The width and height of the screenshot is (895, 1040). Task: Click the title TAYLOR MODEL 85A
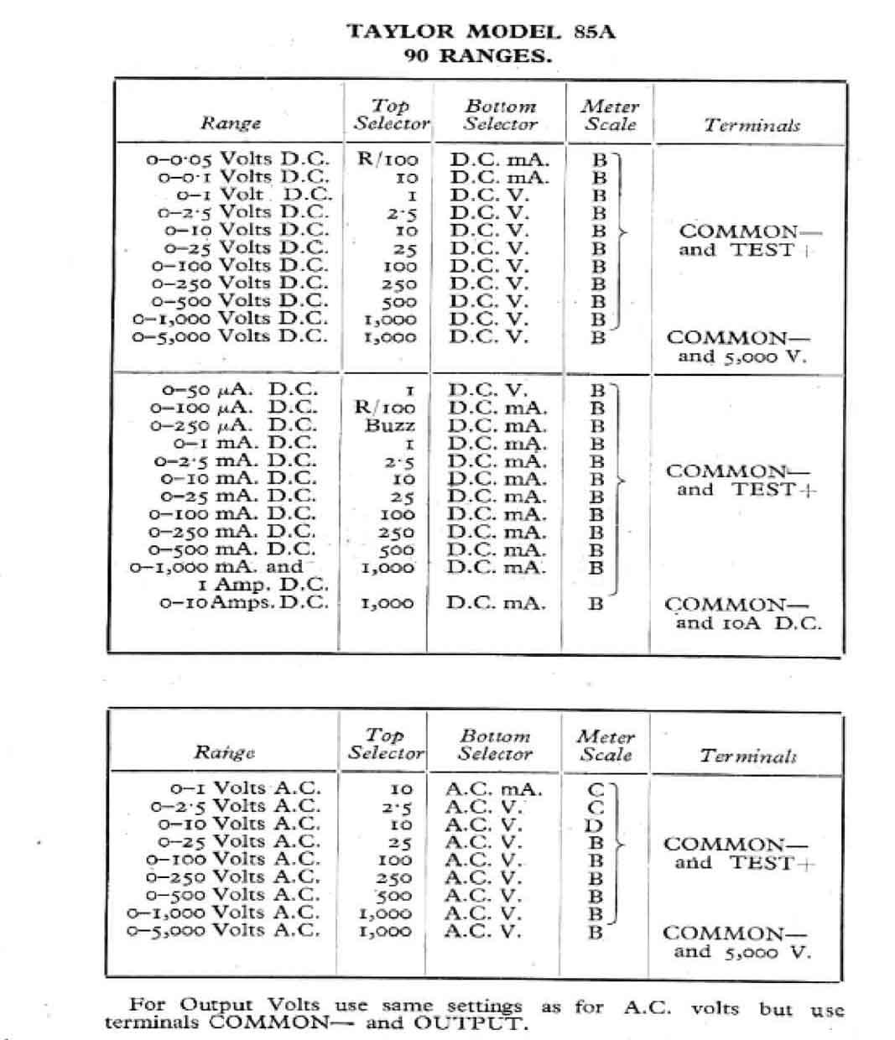(x=481, y=32)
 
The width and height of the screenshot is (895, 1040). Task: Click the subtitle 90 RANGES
(x=477, y=56)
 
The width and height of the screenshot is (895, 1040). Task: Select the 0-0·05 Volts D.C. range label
(x=237, y=159)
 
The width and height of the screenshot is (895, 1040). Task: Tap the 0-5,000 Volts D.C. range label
(x=231, y=335)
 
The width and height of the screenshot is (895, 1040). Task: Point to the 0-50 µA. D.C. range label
(x=240, y=390)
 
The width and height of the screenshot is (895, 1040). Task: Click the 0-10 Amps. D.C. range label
(x=243, y=602)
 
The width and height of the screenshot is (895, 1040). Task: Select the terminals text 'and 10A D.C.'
(x=748, y=623)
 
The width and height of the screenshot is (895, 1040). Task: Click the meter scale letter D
(x=594, y=824)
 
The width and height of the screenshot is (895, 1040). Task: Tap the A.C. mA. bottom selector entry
(x=493, y=789)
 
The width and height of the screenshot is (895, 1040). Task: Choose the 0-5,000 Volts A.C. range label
(x=223, y=930)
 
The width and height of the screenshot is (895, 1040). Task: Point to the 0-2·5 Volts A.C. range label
(x=236, y=806)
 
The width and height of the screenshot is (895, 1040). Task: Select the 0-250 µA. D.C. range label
(x=234, y=425)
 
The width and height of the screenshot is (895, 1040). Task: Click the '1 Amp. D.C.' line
(x=263, y=585)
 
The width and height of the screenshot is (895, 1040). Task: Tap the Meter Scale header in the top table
(x=611, y=115)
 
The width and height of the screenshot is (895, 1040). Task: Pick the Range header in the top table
(x=230, y=123)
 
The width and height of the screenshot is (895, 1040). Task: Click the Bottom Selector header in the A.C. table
(x=495, y=745)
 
